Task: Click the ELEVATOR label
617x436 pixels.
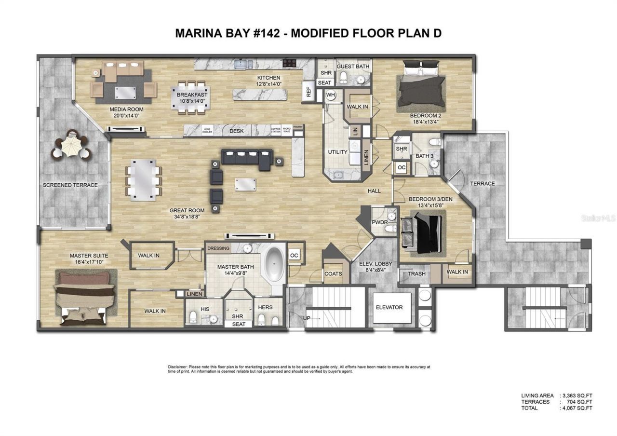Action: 389,307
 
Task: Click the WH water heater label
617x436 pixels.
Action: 330,95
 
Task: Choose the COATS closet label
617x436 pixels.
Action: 333,273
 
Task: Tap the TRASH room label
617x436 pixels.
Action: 416,273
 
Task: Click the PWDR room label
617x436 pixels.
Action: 377,223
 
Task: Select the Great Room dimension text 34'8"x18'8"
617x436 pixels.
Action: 187,217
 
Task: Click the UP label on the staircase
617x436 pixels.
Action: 307,318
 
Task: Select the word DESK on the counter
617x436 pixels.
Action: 236,131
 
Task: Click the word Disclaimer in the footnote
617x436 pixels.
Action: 178,367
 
